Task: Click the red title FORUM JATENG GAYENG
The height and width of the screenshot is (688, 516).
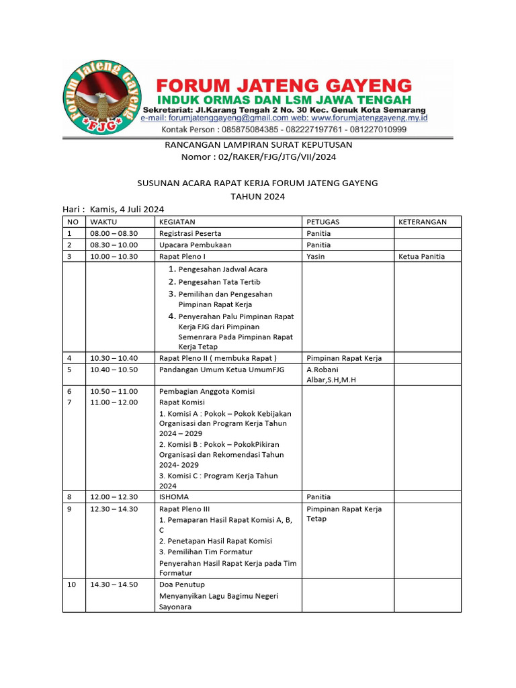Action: click(x=284, y=85)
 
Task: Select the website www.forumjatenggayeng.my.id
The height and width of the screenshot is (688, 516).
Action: click(x=362, y=118)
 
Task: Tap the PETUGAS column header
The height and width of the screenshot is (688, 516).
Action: click(x=323, y=222)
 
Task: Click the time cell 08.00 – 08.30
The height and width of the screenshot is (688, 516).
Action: click(x=114, y=233)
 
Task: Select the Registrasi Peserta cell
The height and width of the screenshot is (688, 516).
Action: click(x=190, y=233)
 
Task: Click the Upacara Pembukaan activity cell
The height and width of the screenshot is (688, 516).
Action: click(x=195, y=245)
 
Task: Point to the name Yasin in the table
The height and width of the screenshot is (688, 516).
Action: click(x=316, y=257)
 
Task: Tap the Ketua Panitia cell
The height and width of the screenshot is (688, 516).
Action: click(x=421, y=257)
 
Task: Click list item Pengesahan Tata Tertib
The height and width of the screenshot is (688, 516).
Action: click(x=219, y=282)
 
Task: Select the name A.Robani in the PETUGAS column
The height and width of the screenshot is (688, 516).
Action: click(x=322, y=370)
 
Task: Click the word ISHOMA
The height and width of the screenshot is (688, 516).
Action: click(x=174, y=497)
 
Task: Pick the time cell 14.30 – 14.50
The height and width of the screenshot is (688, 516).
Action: click(x=114, y=585)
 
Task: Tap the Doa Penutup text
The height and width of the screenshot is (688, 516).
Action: click(x=181, y=585)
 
